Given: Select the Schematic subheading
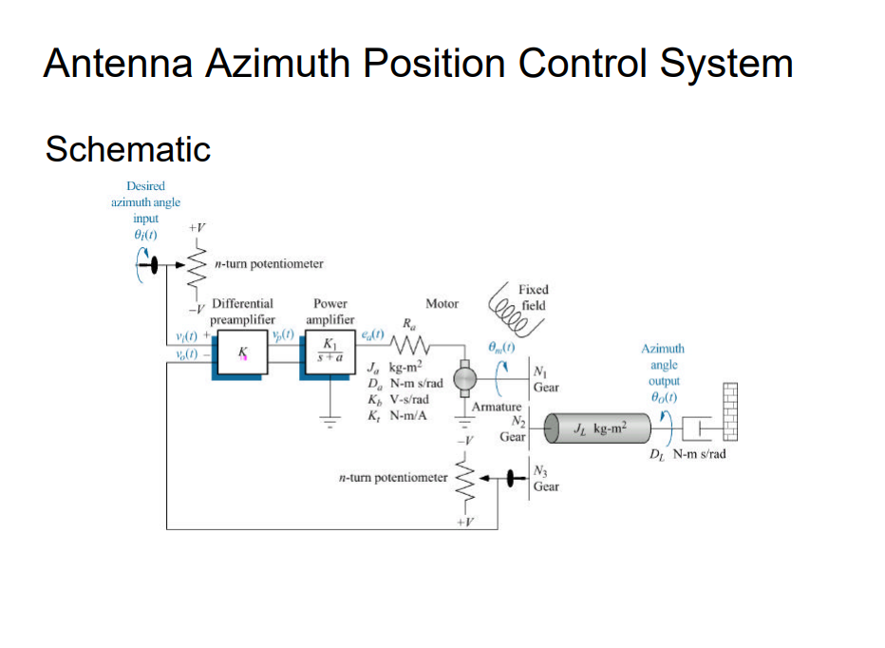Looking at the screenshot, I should (127, 149).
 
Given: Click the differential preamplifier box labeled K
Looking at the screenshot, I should (242, 354).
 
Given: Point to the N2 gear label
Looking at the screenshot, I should (518, 429).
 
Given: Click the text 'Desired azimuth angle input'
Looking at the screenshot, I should (145, 201).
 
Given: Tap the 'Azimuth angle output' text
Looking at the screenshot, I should (663, 365).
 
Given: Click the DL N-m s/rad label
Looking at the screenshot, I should (687, 454).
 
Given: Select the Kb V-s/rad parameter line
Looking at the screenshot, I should (398, 399).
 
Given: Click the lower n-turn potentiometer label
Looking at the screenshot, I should (392, 478).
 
